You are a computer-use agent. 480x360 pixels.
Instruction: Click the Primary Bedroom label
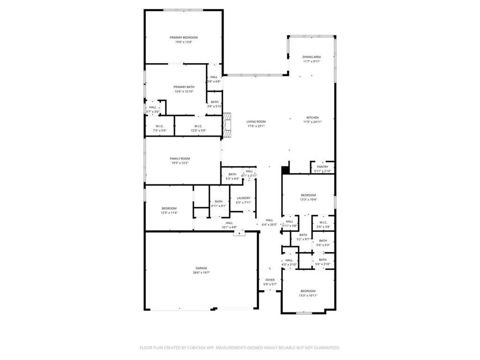pos(183,37)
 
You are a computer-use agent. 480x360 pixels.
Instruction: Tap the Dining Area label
pos(312,57)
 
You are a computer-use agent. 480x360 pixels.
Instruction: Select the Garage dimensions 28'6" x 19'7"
pos(202,272)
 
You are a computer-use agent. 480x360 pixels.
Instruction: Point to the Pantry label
pos(322,167)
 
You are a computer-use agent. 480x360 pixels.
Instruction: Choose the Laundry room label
pos(243,198)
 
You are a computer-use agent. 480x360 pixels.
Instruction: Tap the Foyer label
pos(270,280)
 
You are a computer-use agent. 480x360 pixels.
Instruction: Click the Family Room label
pos(180,159)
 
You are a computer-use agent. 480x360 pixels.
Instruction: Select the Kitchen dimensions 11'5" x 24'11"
pos(313,122)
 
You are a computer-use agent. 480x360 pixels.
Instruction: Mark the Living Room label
pos(256,121)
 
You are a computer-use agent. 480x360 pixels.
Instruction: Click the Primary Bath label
pos(184,87)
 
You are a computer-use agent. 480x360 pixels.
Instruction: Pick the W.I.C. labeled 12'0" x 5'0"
pos(198,126)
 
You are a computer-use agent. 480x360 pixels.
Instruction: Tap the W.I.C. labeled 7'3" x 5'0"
pos(159,126)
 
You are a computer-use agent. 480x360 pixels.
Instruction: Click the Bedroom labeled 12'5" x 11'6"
pos(169,208)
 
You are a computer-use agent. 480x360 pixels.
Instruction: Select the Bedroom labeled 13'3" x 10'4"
pos(308,195)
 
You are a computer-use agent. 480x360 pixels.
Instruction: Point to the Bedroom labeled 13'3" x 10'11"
pos(308,291)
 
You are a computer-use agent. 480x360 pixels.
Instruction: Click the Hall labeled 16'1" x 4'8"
pos(229,223)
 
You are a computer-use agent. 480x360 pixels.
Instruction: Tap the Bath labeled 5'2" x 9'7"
pos(303,235)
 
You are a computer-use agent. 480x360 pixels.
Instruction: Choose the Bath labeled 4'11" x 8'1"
pos(218,202)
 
